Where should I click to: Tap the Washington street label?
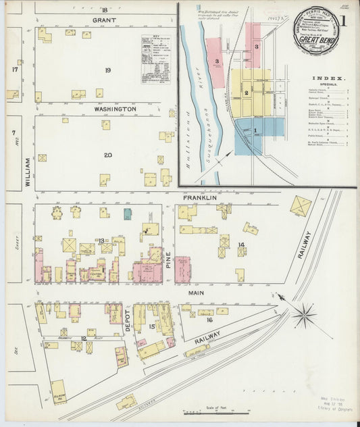pyautogui.click(x=115, y=108)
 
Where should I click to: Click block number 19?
pyautogui.click(x=107, y=70)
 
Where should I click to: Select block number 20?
pyautogui.click(x=107, y=155)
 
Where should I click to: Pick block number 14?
pyautogui.click(x=240, y=244)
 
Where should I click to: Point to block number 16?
pyautogui.click(x=210, y=320)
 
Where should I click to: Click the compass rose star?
pyautogui.click(x=305, y=316)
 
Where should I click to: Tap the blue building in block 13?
pyautogui.click(x=128, y=214)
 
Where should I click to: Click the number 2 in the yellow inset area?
pyautogui.click(x=247, y=93)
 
